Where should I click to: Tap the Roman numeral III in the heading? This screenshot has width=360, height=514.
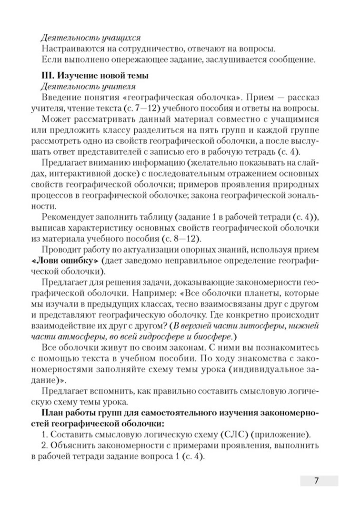pos(48,75)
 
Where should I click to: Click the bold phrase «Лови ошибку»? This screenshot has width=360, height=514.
pos(70,261)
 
